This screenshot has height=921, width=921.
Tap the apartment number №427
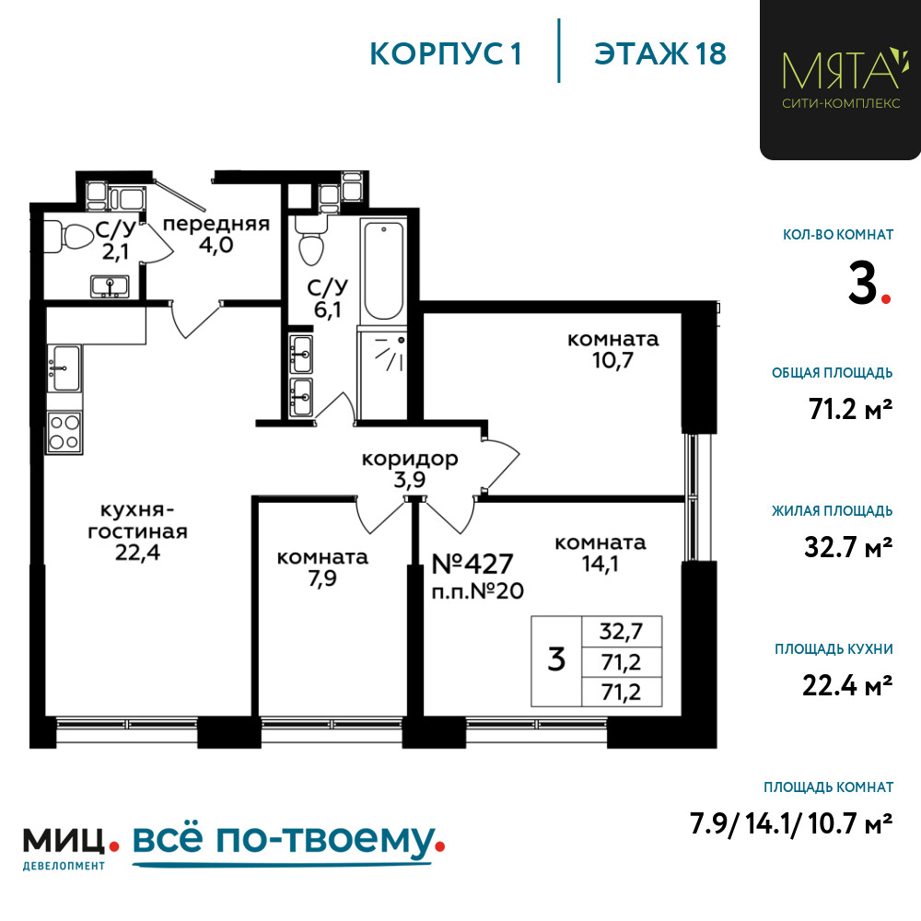click(x=472, y=564)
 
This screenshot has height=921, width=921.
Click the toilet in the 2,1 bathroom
click(x=71, y=236)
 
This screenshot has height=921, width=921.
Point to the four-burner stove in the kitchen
click(x=64, y=432)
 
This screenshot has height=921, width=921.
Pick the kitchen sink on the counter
click(x=64, y=368)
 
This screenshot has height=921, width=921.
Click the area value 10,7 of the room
click(x=612, y=360)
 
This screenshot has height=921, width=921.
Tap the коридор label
click(x=410, y=458)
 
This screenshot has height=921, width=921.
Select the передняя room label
click(x=216, y=224)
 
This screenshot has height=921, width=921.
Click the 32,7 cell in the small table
click(x=622, y=632)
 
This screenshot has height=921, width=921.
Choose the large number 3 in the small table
click(x=556, y=659)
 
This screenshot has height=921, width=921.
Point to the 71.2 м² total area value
click(x=850, y=409)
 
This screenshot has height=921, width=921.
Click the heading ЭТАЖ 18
click(x=660, y=53)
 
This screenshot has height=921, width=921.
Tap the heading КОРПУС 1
click(x=446, y=54)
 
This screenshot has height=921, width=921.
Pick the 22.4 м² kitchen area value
click(x=847, y=685)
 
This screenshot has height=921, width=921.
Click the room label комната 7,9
click(x=322, y=567)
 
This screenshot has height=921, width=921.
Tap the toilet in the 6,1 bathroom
click(x=310, y=239)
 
